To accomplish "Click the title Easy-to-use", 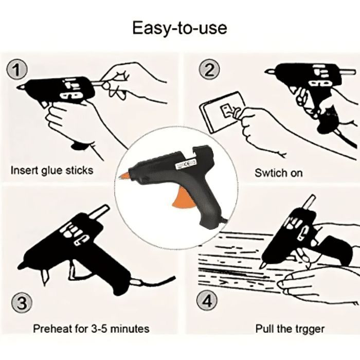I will coord(179,27).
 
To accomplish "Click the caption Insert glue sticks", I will coord(52,170).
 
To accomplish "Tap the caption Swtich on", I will coord(278,173).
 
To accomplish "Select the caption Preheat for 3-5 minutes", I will coord(91,328).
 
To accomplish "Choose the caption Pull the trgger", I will coord(290,328).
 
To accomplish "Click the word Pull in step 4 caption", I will coord(264,328).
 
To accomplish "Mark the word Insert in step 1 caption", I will coord(23,170).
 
